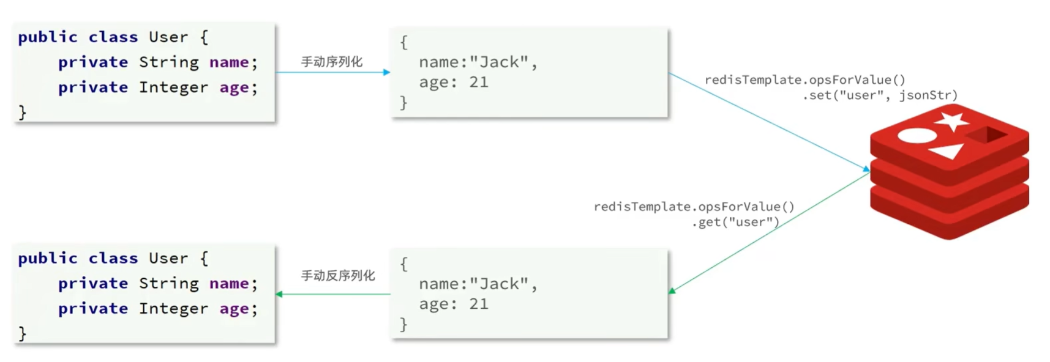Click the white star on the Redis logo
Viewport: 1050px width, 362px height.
tap(952, 120)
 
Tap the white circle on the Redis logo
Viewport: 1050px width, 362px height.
tap(917, 136)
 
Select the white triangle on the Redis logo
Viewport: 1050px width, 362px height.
tap(948, 150)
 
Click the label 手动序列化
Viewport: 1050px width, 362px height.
tap(331, 62)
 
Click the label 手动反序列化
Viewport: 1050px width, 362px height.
tap(337, 276)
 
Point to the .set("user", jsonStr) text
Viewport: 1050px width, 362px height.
tap(880, 95)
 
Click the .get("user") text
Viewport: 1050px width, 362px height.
tap(735, 223)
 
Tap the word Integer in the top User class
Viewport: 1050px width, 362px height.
tap(173, 87)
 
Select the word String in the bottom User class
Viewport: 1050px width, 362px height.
tap(168, 283)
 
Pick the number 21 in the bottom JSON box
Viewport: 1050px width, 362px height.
tap(479, 304)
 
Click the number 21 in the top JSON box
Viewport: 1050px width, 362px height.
tap(479, 83)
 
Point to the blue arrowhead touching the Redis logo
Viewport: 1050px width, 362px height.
tap(866, 169)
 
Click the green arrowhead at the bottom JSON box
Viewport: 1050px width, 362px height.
tap(672, 291)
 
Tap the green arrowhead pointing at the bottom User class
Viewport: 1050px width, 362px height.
tap(279, 294)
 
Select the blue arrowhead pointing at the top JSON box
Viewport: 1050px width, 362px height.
tap(386, 72)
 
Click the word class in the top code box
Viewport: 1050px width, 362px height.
tap(113, 37)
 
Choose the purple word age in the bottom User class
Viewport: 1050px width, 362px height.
tap(234, 309)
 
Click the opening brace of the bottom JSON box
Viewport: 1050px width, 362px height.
tap(403, 264)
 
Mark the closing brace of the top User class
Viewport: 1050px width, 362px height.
tap(23, 113)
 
